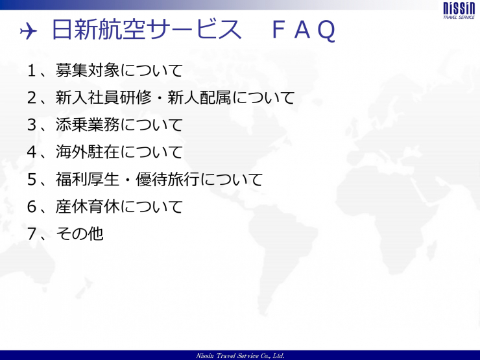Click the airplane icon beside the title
[29, 31]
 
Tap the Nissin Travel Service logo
[459, 11]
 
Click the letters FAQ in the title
[304, 30]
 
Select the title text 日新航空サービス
[147, 29]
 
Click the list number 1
[32, 71]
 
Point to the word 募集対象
[88, 70]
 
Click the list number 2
[32, 98]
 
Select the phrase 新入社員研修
[104, 97]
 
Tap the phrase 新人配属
[199, 97]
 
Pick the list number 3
[32, 125]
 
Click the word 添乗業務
[88, 125]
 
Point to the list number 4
[32, 152]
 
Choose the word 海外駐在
[88, 152]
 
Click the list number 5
[32, 180]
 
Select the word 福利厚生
[88, 179]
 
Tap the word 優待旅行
[167, 179]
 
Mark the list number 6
[32, 207]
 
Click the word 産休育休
[88, 206]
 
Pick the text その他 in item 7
[80, 234]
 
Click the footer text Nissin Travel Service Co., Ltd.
[240, 355]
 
